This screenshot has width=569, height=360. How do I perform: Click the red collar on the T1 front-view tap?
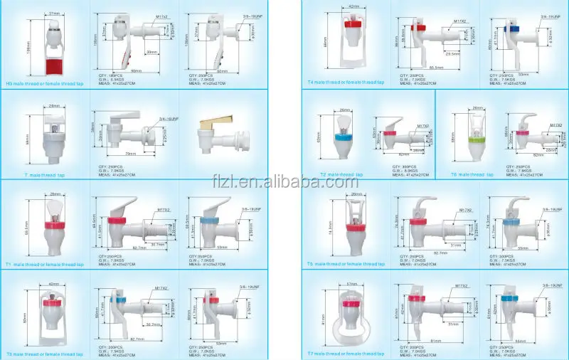pyautogui.click(x=45, y=228)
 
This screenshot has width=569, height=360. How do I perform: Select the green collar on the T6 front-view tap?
pyautogui.click(x=469, y=150)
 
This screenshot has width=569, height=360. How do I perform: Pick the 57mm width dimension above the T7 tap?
pyautogui.click(x=351, y=283)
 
